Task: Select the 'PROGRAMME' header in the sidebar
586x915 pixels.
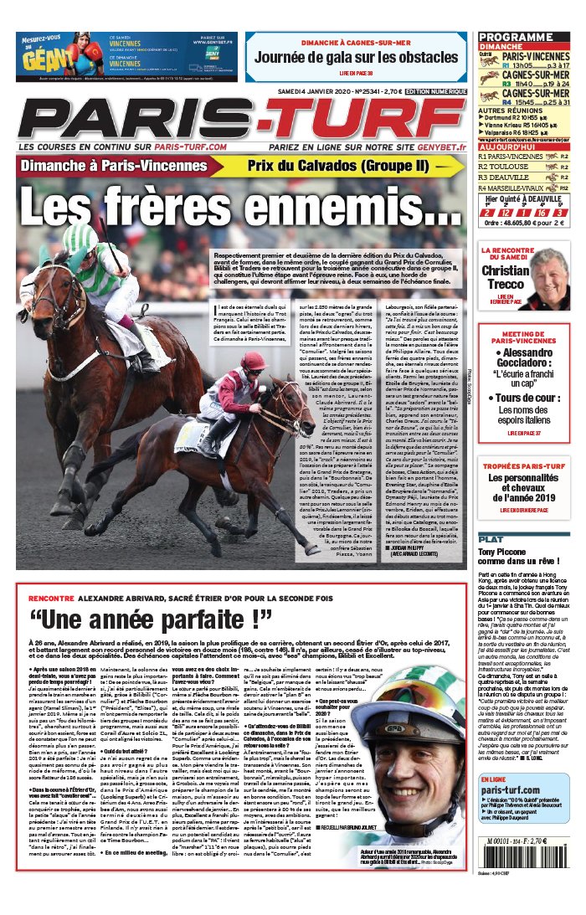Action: pyautogui.click(x=517, y=38)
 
